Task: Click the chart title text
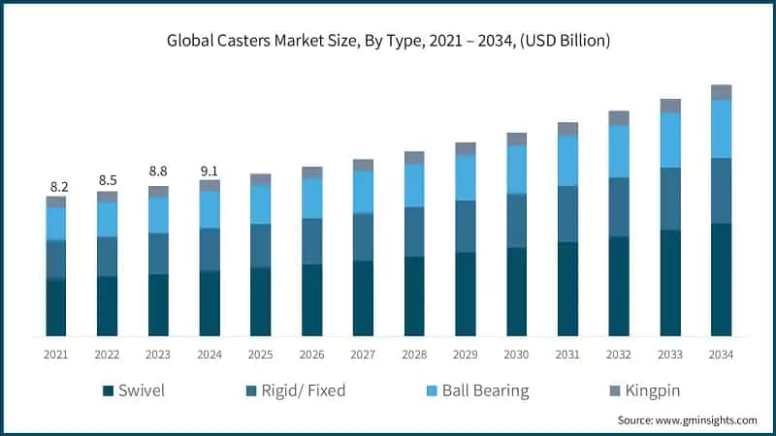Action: point(388,41)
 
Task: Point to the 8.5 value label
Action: point(107,180)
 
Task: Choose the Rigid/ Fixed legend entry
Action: point(296,391)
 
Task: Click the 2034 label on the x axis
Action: point(721,356)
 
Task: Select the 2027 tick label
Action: point(363,356)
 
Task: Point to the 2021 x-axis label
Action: point(56,356)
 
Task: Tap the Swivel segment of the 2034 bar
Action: point(721,280)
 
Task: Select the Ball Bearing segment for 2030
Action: point(516,170)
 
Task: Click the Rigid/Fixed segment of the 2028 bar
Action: point(414,232)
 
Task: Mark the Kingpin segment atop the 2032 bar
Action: point(619,118)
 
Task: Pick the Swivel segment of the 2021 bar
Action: point(56,307)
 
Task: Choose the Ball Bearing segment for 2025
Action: point(261,204)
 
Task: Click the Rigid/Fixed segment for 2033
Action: point(670,199)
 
